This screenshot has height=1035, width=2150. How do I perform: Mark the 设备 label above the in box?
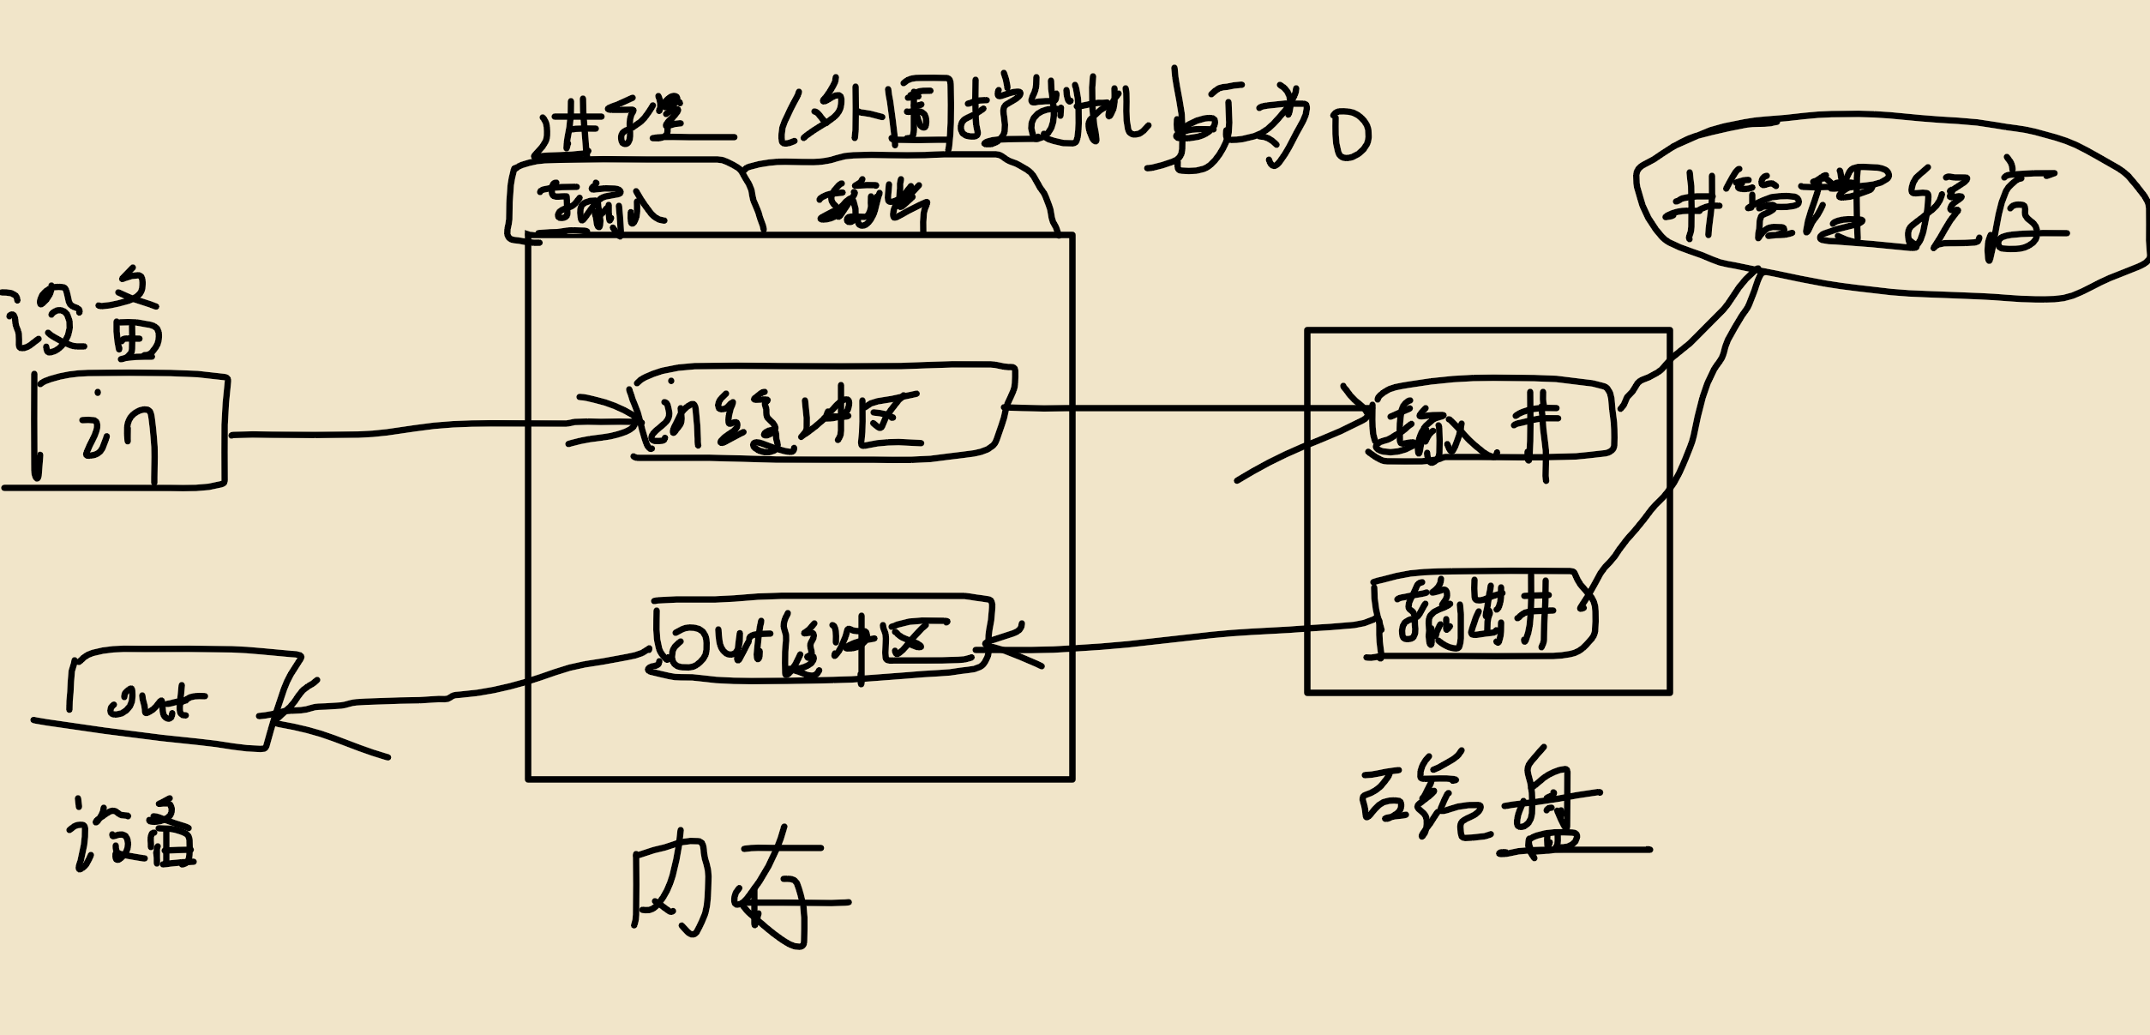[x=86, y=322]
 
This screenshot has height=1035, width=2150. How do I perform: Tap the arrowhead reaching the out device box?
[x=283, y=712]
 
